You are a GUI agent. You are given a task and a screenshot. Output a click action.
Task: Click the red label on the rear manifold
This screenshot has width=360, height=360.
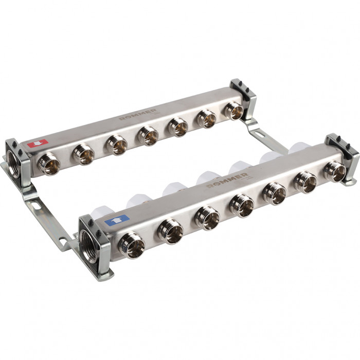click(x=38, y=144)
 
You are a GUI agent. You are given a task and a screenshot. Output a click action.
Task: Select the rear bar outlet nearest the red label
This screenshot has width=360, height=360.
click(x=50, y=164)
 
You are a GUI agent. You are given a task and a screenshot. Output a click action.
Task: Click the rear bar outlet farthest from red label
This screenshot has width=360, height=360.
click(x=234, y=110)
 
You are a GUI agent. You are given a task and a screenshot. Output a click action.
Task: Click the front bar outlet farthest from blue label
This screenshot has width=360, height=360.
click(x=335, y=172)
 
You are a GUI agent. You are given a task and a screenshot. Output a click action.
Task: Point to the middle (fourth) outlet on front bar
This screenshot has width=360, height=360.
click(x=242, y=205)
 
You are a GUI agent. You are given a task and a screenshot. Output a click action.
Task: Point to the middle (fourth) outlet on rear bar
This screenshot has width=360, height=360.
click(x=149, y=136)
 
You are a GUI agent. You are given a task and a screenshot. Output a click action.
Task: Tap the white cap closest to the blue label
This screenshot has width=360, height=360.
click(x=104, y=211)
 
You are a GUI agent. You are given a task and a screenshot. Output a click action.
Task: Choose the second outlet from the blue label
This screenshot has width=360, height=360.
click(x=171, y=232)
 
